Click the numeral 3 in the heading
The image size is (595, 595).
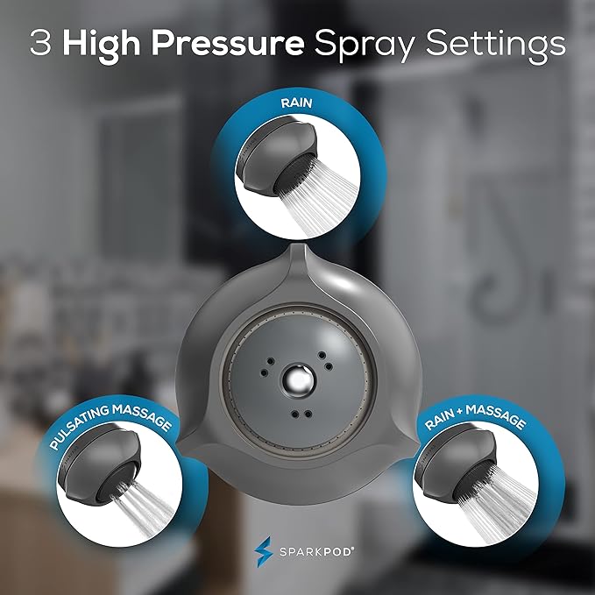click(x=40, y=45)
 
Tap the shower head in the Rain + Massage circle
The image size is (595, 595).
click(x=455, y=474)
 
